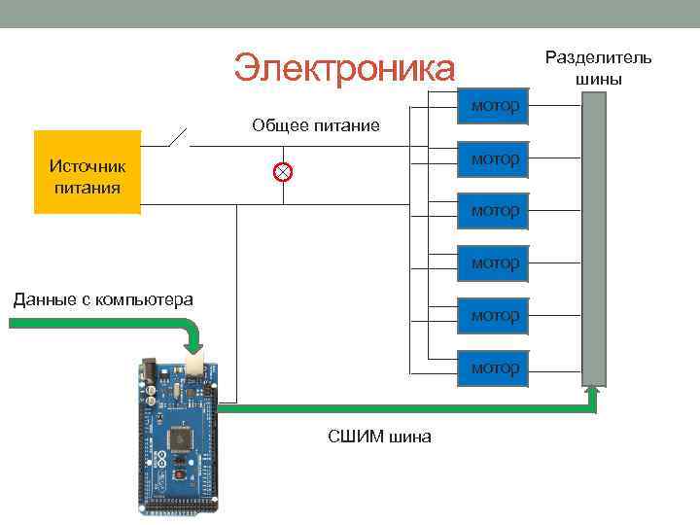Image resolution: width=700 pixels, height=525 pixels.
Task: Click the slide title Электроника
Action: pyautogui.click(x=343, y=69)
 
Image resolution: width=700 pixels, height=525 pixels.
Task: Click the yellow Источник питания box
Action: pyautogui.click(x=87, y=171)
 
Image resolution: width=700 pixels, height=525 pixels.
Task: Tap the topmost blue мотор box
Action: pyautogui.click(x=494, y=106)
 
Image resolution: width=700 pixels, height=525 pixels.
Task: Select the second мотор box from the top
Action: pyautogui.click(x=494, y=158)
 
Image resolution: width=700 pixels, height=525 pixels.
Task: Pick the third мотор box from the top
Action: pyautogui.click(x=494, y=211)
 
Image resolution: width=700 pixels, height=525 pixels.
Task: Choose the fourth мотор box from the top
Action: pyautogui.click(x=494, y=263)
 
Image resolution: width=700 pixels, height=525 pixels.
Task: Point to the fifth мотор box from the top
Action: pyautogui.click(x=494, y=316)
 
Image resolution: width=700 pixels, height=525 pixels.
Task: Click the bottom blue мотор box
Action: pyautogui.click(x=494, y=368)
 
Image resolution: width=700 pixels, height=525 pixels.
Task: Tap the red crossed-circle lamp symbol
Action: pyautogui.click(x=282, y=172)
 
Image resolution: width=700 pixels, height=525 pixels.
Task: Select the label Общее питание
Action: pyautogui.click(x=315, y=125)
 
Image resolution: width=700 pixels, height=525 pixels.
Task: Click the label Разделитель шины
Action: pyautogui.click(x=598, y=68)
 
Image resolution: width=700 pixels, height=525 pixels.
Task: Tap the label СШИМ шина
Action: pyautogui.click(x=379, y=437)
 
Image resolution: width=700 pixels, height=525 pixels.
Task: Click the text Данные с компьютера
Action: pyautogui.click(x=103, y=299)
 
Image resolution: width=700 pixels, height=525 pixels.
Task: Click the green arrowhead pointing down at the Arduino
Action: pyautogui.click(x=193, y=347)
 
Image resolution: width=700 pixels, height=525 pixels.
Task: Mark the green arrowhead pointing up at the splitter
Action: pyautogui.click(x=593, y=391)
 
